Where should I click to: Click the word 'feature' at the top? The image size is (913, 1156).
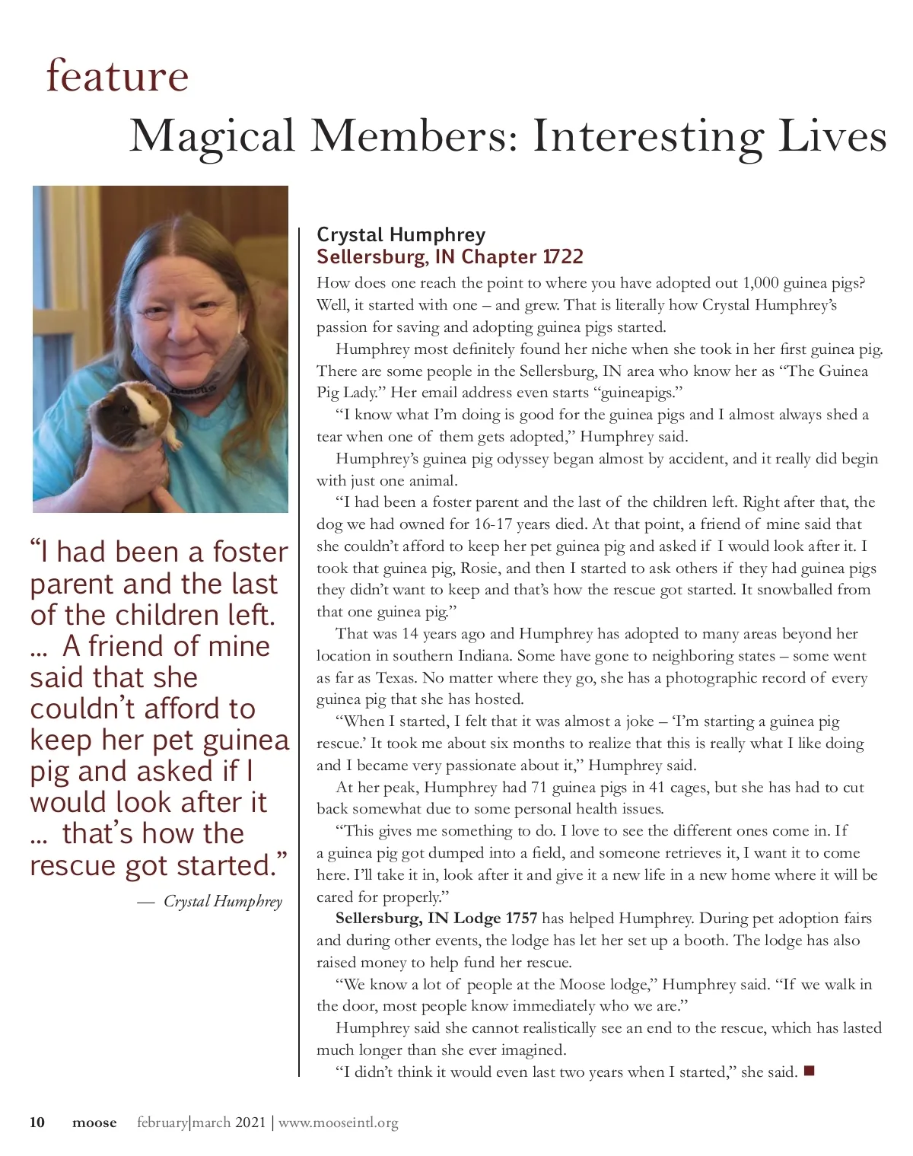pos(117,76)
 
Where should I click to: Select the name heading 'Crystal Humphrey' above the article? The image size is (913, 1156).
pos(401,234)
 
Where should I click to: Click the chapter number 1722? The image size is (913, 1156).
pos(562,256)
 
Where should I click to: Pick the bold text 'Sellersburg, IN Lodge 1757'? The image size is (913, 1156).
pos(436,918)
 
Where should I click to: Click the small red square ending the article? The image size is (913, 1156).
pos(809,1072)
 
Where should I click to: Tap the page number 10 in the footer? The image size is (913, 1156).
pos(37,1123)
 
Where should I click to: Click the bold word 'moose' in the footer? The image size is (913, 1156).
pos(94,1123)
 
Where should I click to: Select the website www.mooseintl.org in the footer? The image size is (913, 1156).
pos(338,1123)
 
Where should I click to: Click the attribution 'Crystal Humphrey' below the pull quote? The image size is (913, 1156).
pos(222,902)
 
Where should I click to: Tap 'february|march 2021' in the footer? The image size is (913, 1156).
pos(202,1123)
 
